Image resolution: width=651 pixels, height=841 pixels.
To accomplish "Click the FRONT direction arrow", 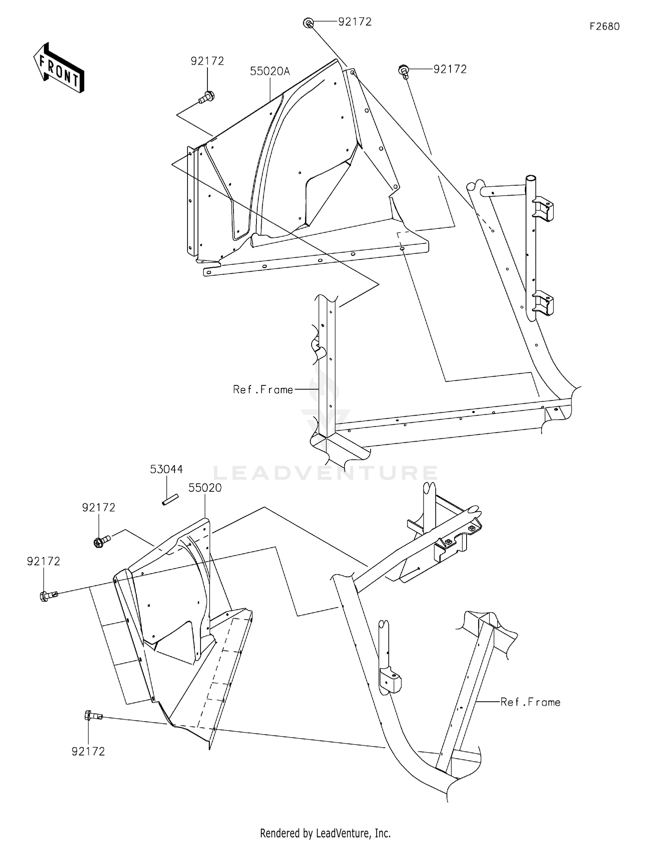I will (59, 68).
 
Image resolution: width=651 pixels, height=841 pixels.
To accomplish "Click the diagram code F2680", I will (604, 26).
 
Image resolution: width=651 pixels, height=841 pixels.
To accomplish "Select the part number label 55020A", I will (270, 71).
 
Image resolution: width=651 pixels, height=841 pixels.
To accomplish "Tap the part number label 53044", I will (166, 469).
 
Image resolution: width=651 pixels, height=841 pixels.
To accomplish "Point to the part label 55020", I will (205, 488).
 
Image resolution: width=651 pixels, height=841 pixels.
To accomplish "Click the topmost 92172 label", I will (355, 22).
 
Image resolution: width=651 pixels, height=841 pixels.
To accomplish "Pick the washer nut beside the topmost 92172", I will (308, 23).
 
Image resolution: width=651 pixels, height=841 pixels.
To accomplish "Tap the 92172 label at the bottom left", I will (88, 752).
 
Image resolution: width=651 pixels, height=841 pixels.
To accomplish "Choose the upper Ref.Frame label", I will (263, 390).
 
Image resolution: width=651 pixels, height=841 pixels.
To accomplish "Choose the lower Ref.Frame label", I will (530, 702).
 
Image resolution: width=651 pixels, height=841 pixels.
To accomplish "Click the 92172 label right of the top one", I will (450, 69).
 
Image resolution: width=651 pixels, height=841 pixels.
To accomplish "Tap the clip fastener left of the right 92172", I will (404, 71).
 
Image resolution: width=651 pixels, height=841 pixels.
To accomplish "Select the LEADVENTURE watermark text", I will (325, 473).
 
